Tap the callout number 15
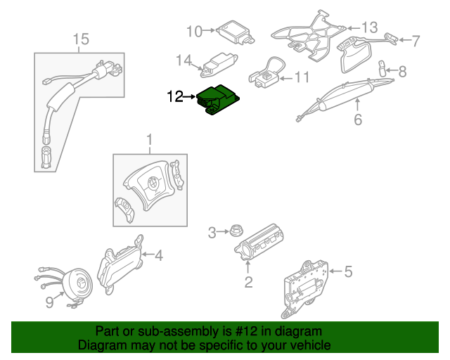click(82, 39)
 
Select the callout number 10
click(193, 30)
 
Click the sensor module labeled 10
click(235, 32)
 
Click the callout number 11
click(302, 77)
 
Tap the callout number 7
click(416, 40)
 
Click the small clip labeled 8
click(384, 68)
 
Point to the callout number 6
click(357, 120)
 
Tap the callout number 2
click(248, 283)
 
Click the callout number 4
click(159, 255)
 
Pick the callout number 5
click(348, 271)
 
